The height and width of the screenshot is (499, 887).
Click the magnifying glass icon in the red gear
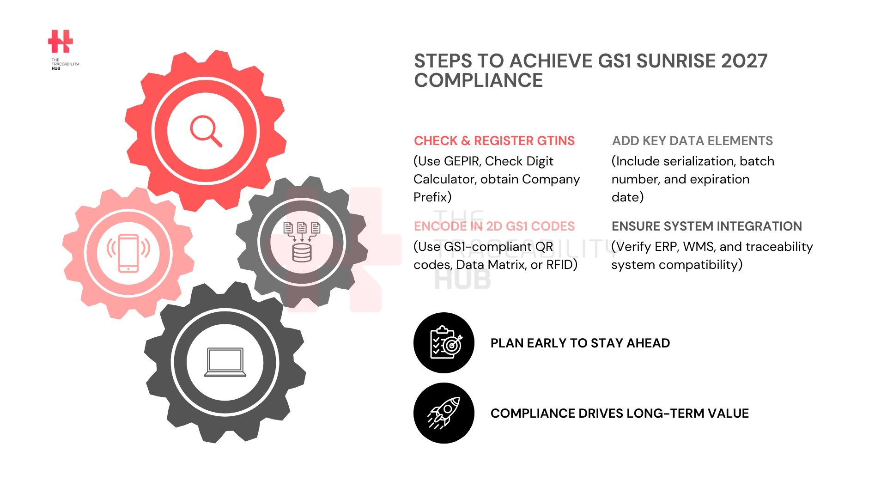[x=206, y=131]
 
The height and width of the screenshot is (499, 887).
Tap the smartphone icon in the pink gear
[x=128, y=253]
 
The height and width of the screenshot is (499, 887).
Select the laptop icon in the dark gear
[x=225, y=362]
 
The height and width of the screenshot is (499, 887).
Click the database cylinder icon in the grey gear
[x=302, y=252]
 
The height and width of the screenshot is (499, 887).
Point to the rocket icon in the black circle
[x=444, y=413]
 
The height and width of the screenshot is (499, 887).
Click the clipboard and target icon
[x=444, y=343]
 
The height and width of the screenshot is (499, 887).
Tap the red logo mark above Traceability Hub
[x=61, y=42]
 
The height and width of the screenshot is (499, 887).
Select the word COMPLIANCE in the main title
[x=478, y=80]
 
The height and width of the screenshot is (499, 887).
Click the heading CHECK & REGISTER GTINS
[x=494, y=140]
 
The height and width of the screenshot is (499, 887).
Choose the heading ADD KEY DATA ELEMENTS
[x=692, y=140]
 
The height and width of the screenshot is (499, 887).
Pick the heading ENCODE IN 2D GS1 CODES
[x=494, y=226]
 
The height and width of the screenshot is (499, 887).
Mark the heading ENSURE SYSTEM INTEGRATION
[x=706, y=226]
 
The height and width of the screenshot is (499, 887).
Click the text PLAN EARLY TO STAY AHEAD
[x=580, y=343]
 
